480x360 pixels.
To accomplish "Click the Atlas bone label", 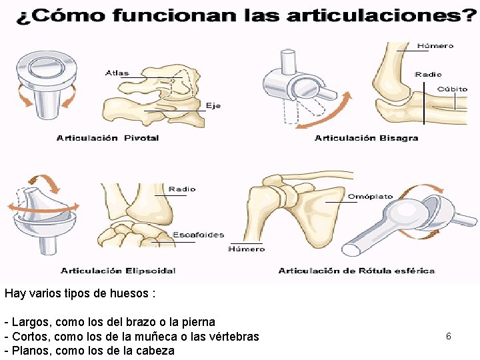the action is point(117,73).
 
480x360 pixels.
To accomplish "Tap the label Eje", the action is point(213,106).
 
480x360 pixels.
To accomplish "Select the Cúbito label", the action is point(452,89).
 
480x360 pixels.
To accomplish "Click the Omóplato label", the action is point(370,197).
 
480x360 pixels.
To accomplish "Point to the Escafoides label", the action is point(198,235).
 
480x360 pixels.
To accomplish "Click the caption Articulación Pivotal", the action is point(108,138).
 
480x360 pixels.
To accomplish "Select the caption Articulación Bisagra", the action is point(366,138).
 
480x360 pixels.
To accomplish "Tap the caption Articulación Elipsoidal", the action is point(118,271).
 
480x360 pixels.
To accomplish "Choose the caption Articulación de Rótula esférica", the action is point(356,271).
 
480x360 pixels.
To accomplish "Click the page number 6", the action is point(449,337).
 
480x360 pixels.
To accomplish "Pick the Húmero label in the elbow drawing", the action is point(435,46).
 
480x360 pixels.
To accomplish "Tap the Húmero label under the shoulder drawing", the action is point(246,249).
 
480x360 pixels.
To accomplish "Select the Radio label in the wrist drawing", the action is point(182,189).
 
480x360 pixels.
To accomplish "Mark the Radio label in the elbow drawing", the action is point(427,75).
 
